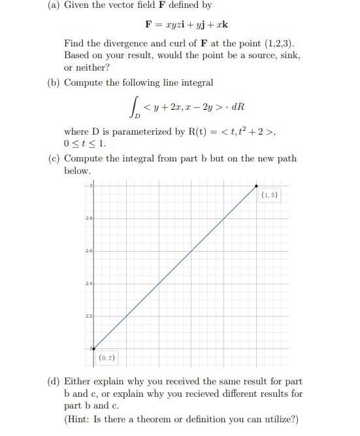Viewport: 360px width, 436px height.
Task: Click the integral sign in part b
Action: coord(135,107)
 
